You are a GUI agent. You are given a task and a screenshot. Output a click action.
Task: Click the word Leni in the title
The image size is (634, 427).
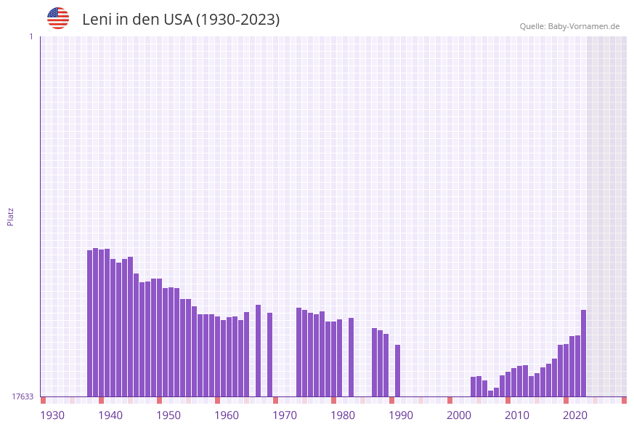coord(97,20)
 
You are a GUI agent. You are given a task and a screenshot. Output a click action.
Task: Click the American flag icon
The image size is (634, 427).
coord(58,18)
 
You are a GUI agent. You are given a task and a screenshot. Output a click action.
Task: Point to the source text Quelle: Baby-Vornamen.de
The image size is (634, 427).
coord(569,26)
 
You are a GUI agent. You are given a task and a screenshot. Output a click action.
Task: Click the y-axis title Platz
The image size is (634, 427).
coord(11,216)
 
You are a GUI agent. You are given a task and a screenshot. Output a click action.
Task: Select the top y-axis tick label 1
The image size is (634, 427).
coord(31,36)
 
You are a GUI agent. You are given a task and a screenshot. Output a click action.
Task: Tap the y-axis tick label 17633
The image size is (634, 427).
coord(23,396)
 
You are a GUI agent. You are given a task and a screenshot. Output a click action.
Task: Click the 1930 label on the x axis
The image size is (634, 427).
coord(52,415)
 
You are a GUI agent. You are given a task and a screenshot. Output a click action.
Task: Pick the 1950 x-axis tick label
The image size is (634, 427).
coord(168,415)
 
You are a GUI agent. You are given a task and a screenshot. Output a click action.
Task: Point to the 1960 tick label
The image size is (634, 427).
coord(227,415)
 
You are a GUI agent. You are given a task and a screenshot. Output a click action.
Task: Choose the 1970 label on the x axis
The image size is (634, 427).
coord(285,415)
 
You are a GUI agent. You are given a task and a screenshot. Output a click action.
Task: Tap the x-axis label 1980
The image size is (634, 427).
coord(343,415)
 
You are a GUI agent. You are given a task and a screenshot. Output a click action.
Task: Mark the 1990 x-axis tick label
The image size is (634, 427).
coord(401,415)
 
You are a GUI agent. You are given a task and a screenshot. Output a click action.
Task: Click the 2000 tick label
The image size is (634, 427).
coord(459,415)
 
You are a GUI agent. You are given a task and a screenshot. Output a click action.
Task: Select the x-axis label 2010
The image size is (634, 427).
coord(517,415)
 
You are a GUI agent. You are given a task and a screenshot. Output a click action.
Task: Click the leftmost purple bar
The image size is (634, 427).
coord(90,324)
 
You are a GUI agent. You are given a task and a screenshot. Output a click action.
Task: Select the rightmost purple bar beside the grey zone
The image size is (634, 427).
coord(583,354)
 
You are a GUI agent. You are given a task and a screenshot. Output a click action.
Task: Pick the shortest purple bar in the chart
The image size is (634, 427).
coord(490,394)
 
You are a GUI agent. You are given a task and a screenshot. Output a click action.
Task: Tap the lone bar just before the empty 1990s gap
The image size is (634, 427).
coord(397,371)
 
